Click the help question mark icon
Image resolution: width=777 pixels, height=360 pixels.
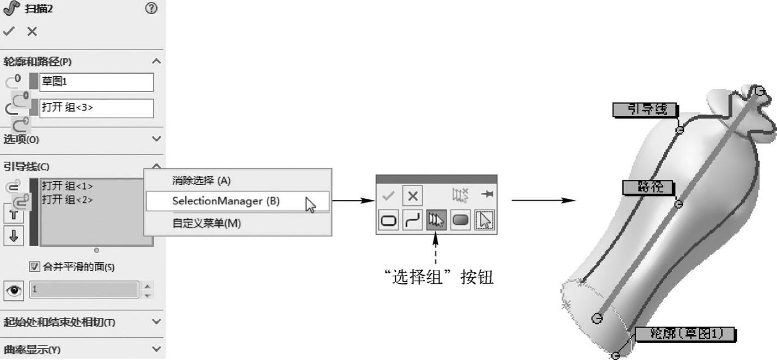click(152, 9)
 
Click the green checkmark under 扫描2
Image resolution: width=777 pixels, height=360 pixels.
click(8, 32)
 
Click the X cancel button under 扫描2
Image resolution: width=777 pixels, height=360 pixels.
click(32, 32)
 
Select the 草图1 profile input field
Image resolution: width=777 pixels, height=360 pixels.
click(96, 82)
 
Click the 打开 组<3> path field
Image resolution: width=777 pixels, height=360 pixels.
click(96, 108)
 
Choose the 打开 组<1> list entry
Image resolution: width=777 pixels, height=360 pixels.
click(68, 186)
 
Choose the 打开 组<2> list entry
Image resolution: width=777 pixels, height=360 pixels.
click(68, 199)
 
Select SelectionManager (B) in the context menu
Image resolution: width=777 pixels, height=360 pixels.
click(226, 201)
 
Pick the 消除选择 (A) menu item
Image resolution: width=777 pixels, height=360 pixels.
click(201, 181)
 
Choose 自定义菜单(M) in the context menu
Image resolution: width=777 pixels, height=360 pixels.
click(206, 223)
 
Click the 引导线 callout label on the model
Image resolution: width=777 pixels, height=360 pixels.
click(645, 109)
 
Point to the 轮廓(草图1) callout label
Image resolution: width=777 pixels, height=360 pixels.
click(684, 333)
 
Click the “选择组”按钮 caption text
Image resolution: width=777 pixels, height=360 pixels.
click(438, 278)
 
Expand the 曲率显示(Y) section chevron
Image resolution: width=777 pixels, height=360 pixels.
click(157, 349)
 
